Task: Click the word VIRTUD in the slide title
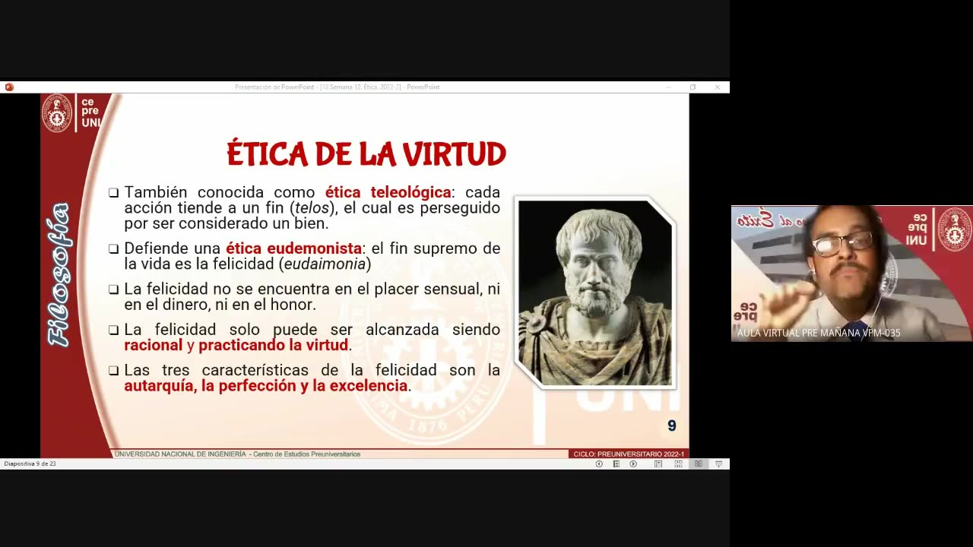[x=454, y=154]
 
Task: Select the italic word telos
[x=312, y=208]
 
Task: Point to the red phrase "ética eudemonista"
[x=293, y=248]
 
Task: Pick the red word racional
[x=154, y=346]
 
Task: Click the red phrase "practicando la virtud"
[x=273, y=346]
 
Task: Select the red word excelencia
[x=368, y=386]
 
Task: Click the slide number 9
[x=671, y=426]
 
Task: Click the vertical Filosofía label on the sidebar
[x=59, y=274]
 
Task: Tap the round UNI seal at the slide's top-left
[x=56, y=112]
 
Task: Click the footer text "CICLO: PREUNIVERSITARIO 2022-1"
[x=628, y=454]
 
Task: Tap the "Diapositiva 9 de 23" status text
[x=30, y=463]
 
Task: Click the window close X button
[x=717, y=87]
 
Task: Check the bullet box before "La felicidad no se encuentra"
[x=113, y=289]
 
